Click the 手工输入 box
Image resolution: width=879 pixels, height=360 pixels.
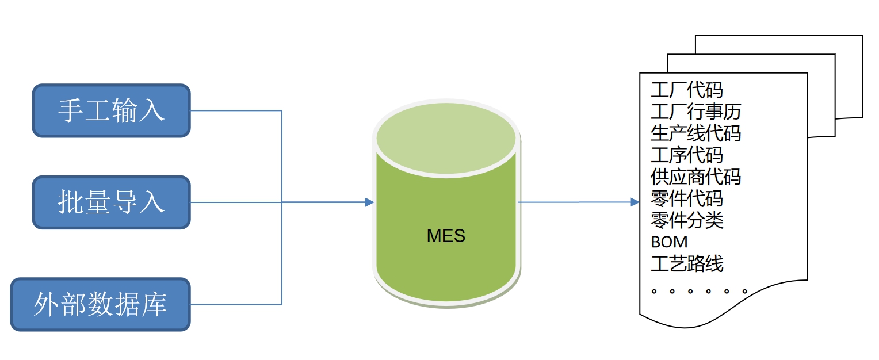111,110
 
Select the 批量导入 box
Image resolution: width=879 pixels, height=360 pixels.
111,202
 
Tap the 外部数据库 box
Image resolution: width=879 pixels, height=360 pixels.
100,304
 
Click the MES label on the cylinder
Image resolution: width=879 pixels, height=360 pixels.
446,236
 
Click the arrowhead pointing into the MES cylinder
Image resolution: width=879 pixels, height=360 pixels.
369,202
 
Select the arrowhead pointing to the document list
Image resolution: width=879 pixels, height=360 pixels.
635,202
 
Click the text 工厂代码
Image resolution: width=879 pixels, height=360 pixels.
687,90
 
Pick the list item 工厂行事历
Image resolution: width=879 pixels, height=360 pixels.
696,112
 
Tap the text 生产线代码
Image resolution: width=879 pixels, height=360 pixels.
696,133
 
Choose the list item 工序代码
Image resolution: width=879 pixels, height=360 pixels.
687,155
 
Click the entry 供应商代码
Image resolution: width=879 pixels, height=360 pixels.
696,177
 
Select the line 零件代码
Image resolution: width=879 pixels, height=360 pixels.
687,199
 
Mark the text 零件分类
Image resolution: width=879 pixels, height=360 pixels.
687,220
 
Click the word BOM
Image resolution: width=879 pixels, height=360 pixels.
669,242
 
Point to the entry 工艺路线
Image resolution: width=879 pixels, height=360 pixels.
687,264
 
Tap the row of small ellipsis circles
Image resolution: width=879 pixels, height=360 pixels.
699,292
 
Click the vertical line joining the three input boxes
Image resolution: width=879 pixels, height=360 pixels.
281,253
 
